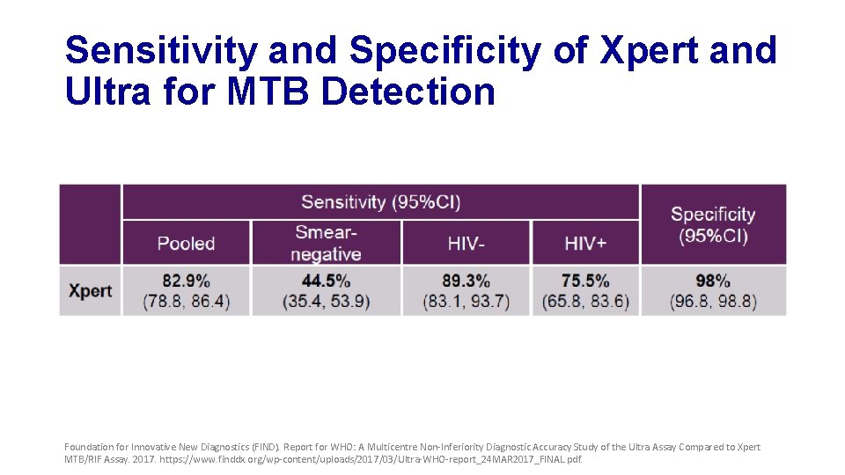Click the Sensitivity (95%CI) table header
[x=380, y=201]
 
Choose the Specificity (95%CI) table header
[x=712, y=225]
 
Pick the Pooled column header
[x=186, y=244]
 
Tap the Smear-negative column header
[x=326, y=243]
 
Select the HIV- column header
[x=466, y=244]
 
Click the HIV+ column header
[x=585, y=244]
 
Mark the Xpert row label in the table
[x=90, y=290]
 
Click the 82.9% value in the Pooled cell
[x=186, y=281]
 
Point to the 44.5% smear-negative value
[x=326, y=281]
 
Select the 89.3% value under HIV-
[x=466, y=281]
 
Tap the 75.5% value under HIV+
[x=585, y=281]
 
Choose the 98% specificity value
[x=712, y=281]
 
